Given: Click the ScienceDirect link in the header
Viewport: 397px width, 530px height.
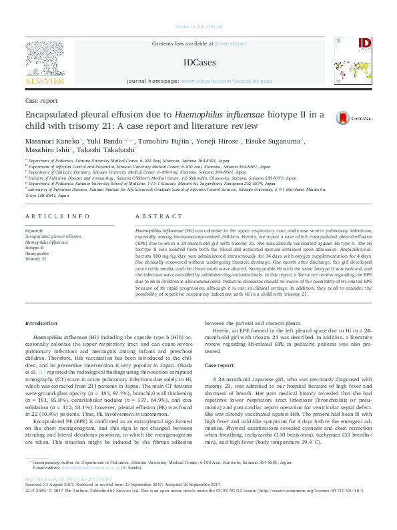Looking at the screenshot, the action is [x=230, y=43].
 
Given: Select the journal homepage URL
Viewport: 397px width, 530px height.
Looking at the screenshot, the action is [x=235, y=81].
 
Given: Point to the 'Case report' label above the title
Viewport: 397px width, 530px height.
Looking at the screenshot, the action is [x=40, y=100].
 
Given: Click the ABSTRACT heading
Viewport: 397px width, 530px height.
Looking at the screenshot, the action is [x=154, y=218].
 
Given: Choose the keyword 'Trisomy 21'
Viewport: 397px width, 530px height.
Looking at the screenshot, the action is [x=35, y=258].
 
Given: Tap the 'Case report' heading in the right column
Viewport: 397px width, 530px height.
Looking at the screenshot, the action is [x=219, y=366].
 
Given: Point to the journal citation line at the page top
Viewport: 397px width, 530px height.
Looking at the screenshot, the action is [x=198, y=27].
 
